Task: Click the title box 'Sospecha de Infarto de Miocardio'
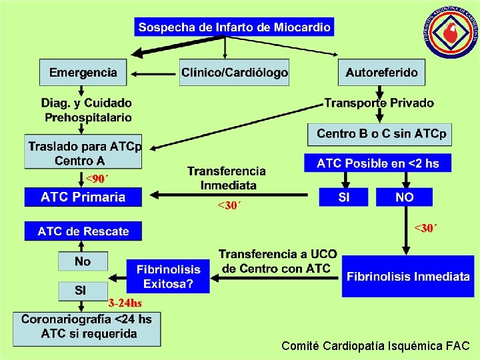pos(234,27)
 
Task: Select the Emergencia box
pos(83,73)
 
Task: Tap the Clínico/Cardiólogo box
pos(235,73)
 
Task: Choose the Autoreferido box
pos(382,73)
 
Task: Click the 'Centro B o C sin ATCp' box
pos(381,134)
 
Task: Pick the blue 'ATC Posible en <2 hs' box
pos(377,163)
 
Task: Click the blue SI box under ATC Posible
pos(344,197)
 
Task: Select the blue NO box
pos(404,197)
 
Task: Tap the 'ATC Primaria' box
pos(83,197)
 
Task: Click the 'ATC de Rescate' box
pos(83,231)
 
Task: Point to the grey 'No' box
pos(83,261)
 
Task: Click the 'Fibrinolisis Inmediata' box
pos(408,276)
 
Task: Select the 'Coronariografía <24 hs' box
pos(87,327)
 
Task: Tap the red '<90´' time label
pos(97,179)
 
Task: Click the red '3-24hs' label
pos(125,303)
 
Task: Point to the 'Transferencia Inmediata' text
pos(227,178)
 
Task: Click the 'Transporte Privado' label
pos(379,103)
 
